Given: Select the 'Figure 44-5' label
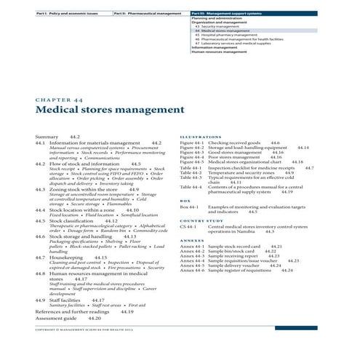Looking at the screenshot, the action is click(x=191, y=161).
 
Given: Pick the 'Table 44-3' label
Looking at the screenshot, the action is click(x=190, y=178).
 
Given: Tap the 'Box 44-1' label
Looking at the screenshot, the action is click(x=188, y=208).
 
